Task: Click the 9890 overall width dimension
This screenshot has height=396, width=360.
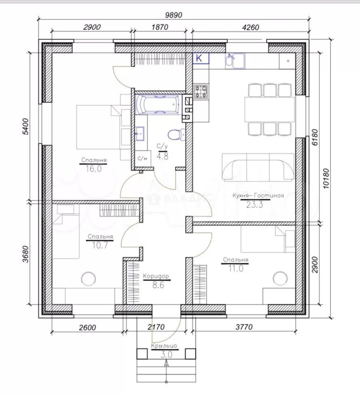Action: click(173, 15)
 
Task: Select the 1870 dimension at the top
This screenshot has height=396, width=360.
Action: click(160, 27)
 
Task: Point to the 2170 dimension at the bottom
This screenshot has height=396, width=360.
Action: click(156, 327)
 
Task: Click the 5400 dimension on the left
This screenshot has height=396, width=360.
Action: click(26, 126)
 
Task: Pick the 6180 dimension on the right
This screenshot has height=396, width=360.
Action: click(315, 137)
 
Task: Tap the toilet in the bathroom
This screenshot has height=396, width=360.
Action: click(176, 134)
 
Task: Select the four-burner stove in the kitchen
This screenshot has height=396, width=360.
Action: click(201, 92)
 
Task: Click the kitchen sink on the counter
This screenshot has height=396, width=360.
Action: click(235, 61)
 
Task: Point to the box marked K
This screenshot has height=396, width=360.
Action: click(201, 58)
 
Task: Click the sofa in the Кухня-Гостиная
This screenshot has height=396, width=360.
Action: click(258, 167)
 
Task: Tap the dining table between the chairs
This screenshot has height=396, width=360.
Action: click(269, 109)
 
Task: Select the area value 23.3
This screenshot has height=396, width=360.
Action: click(254, 205)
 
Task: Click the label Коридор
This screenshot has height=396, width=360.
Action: click(156, 276)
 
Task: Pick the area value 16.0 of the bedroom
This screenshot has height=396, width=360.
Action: click(93, 168)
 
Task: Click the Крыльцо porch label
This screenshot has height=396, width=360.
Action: click(164, 346)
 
